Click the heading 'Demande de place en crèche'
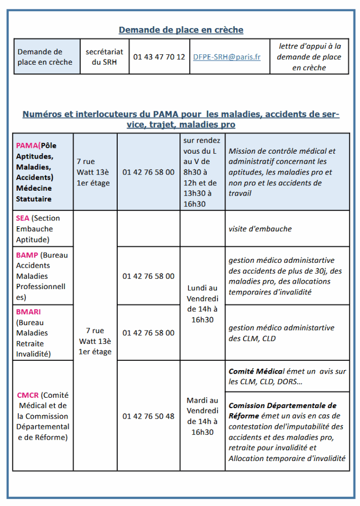[x=181, y=30]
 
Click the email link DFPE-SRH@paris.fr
[x=226, y=57]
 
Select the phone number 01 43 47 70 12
[x=159, y=57]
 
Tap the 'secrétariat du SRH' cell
[x=104, y=57]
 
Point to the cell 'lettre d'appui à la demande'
[x=309, y=57]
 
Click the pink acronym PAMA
[x=27, y=145]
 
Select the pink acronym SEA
[x=23, y=218]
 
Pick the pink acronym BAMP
[x=27, y=255]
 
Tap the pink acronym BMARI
[x=28, y=312]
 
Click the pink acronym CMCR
[x=28, y=395]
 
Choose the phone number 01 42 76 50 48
[x=148, y=416]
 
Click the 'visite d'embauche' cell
[x=260, y=229]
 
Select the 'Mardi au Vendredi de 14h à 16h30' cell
[x=202, y=416]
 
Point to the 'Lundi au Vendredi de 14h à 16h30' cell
[x=202, y=303]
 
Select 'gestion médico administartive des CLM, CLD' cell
[x=281, y=333]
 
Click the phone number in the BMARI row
[x=148, y=333]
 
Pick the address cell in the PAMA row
[x=93, y=172]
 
